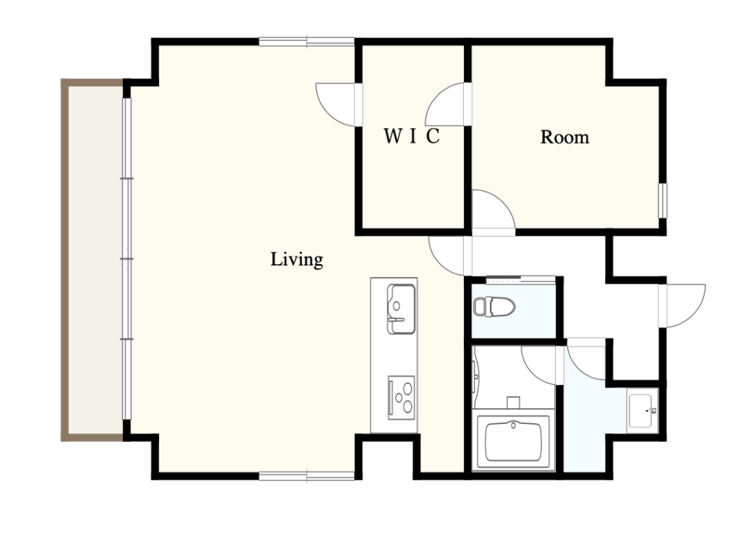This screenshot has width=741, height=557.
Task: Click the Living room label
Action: (x=297, y=260)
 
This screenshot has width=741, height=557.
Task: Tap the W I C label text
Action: (x=412, y=137)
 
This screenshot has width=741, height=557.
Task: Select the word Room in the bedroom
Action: (x=564, y=137)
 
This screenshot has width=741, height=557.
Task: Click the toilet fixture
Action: (x=494, y=307)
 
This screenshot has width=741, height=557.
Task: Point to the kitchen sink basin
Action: (x=401, y=309)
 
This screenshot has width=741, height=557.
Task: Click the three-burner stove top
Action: (x=401, y=397)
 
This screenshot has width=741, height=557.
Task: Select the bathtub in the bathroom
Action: (x=513, y=442)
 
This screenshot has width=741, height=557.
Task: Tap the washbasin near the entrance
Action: (x=642, y=411)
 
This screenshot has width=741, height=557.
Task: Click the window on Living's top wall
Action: (x=306, y=42)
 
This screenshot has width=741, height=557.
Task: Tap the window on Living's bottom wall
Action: (x=306, y=476)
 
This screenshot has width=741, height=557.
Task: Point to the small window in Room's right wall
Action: (x=663, y=201)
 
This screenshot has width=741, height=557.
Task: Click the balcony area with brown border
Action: (x=93, y=260)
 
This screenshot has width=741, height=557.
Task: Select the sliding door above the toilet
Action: (x=520, y=280)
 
